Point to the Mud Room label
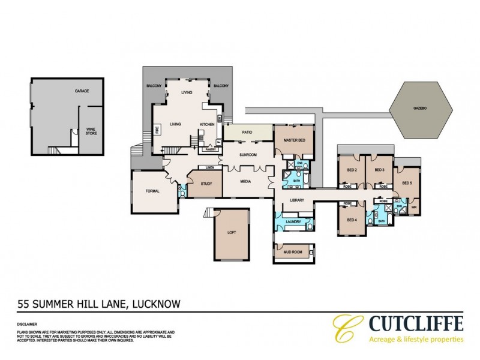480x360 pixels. click(292, 252)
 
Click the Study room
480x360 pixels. click(208, 184)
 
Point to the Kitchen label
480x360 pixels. click(207, 124)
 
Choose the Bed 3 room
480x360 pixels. click(379, 170)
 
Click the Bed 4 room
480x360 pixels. click(352, 219)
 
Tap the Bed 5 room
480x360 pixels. click(406, 182)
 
